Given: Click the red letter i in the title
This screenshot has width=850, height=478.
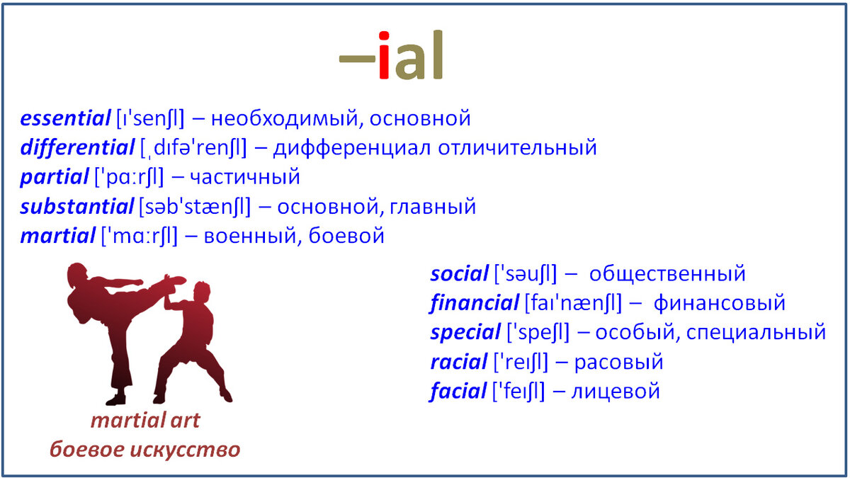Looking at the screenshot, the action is point(384,55).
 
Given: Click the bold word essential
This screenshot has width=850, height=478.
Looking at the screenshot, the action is point(65,118).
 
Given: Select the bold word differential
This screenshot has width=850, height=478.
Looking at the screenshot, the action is point(77,147).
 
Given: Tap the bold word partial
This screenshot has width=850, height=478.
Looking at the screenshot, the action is point(55,177).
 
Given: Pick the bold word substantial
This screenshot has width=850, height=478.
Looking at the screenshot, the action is point(77,207).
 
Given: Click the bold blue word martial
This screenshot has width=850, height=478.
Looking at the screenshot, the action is point(57,236).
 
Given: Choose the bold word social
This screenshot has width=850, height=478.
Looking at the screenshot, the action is point(459,274).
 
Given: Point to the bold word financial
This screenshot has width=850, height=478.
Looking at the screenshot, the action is point(475,303).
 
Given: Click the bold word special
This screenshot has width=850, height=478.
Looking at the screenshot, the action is point(465,333).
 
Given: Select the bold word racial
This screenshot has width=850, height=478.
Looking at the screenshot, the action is point(459,362).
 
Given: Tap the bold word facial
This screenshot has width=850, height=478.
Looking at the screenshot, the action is point(458,391).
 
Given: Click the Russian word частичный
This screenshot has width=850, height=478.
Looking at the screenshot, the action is point(245,178).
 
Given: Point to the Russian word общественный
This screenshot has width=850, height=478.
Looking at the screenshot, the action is point(667,274).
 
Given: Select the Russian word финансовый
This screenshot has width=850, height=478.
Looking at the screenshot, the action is point(719,304).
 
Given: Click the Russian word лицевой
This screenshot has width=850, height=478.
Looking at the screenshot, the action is point(616,392).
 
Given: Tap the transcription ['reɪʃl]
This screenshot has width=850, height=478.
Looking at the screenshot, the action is point(521,362).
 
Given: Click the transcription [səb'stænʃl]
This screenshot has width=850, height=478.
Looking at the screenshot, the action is point(195,207).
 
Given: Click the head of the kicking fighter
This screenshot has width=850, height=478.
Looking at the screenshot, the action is point(77,275).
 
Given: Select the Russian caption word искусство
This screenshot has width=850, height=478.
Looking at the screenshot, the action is point(185,450).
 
